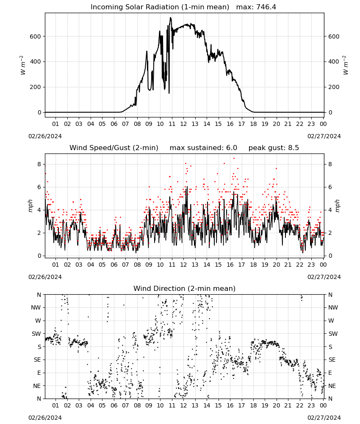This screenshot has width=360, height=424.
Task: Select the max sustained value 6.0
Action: point(232,148)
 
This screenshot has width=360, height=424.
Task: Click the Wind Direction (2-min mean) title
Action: point(185,288)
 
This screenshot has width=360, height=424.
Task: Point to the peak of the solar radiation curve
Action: point(170,17)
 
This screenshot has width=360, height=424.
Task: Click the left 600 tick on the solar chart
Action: point(36,36)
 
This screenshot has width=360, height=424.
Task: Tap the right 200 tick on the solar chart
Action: point(334,87)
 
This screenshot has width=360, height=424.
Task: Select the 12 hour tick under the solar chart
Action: point(183,124)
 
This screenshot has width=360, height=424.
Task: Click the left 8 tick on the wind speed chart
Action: point(39,164)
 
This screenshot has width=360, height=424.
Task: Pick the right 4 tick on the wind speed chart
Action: point(330,210)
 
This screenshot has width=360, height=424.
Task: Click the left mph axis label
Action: point(30,206)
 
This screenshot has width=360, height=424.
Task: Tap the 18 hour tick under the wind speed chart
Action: point(253,265)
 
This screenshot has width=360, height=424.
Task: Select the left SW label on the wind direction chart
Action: point(36,334)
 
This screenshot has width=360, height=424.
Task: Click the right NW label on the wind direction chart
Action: point(333,307)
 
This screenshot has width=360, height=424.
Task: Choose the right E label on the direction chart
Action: point(330,373)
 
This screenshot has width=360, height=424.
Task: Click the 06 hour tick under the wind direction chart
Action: point(114,405)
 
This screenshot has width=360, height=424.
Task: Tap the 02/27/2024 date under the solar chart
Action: point(324,136)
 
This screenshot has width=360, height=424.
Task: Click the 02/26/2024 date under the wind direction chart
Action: point(45,418)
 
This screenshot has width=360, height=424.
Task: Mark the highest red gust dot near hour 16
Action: point(234,159)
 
